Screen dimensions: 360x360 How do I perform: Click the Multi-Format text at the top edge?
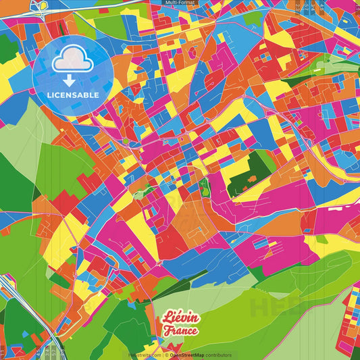180,3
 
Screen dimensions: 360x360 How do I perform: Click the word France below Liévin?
180,331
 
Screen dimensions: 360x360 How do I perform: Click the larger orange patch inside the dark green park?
251,179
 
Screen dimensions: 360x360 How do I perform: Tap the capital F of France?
166,332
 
